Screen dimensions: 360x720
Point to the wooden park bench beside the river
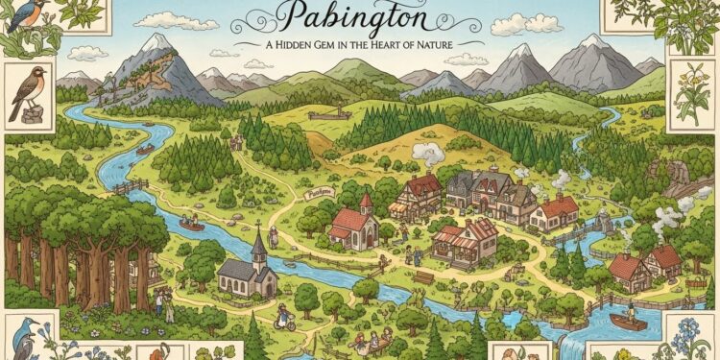pos(423,277)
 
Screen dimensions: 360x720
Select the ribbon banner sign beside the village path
pos(317,192)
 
